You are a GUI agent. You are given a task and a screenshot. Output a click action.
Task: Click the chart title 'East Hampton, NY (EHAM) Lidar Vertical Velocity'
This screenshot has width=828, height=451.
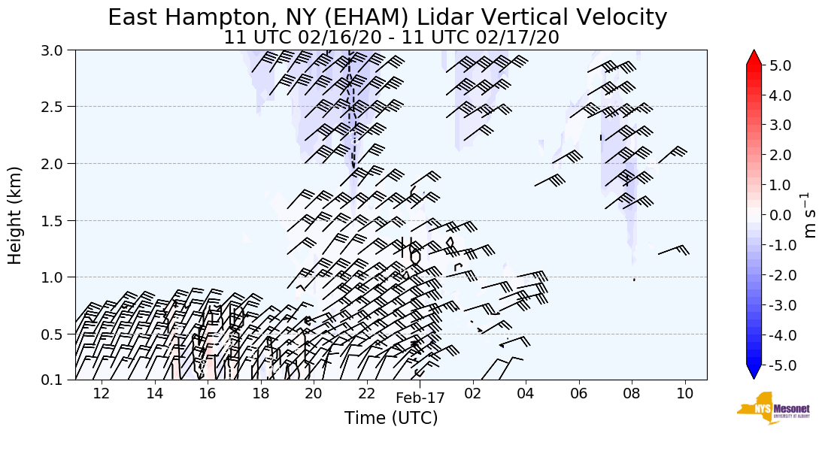click(387, 17)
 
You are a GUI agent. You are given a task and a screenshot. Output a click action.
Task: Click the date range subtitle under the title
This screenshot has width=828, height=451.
click(391, 38)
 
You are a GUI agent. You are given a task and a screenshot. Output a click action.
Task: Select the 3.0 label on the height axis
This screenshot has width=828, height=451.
click(57, 50)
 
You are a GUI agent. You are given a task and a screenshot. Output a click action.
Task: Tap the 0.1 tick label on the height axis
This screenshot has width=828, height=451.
click(57, 380)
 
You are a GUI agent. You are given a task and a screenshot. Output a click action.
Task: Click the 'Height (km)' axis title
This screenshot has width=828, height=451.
click(16, 215)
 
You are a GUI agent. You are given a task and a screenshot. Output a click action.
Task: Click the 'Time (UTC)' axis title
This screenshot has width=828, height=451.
click(390, 418)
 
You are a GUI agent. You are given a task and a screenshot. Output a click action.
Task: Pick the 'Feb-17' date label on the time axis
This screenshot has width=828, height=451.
click(420, 398)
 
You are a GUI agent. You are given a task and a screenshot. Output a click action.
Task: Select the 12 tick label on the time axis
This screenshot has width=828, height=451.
click(102, 392)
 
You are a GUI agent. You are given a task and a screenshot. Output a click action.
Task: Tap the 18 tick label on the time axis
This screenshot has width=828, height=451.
click(260, 392)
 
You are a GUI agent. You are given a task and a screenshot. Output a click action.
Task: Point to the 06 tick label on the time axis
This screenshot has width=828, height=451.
click(578, 392)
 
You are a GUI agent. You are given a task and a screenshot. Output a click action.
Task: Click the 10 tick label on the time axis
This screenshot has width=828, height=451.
click(684, 392)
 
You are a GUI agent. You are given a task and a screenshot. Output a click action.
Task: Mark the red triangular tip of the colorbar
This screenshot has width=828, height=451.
click(754, 58)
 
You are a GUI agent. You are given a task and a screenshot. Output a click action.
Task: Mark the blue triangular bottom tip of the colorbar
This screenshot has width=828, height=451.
click(754, 372)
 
